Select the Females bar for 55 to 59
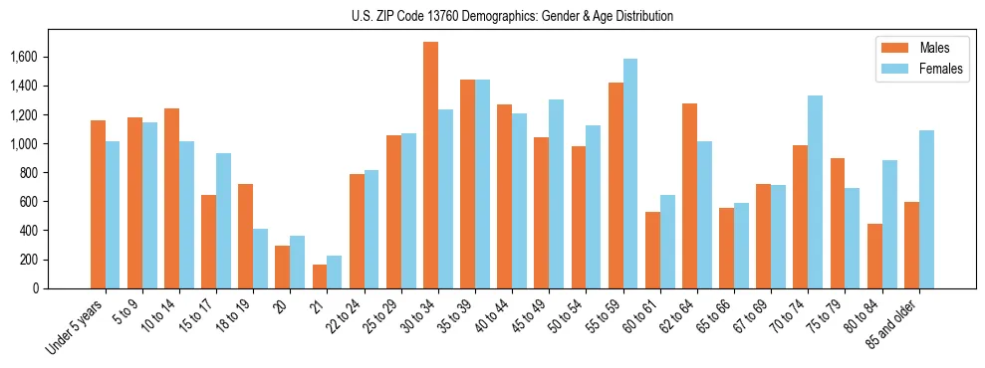(630, 174)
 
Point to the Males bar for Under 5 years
(98, 205)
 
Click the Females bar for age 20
(297, 263)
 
